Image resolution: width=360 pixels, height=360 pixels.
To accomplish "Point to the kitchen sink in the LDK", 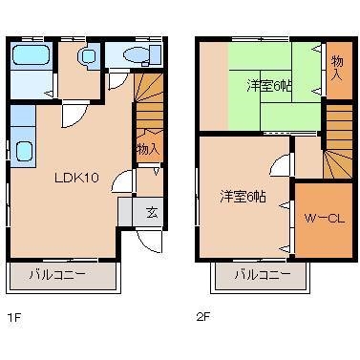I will (x=23, y=151).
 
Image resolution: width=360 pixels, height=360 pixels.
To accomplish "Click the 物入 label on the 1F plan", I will (x=148, y=149).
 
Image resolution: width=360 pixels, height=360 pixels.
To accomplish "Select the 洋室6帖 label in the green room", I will (x=270, y=87).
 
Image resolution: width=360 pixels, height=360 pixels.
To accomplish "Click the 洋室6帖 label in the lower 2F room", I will (x=244, y=196).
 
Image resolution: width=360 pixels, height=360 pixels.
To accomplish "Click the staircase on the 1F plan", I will (x=148, y=101).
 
